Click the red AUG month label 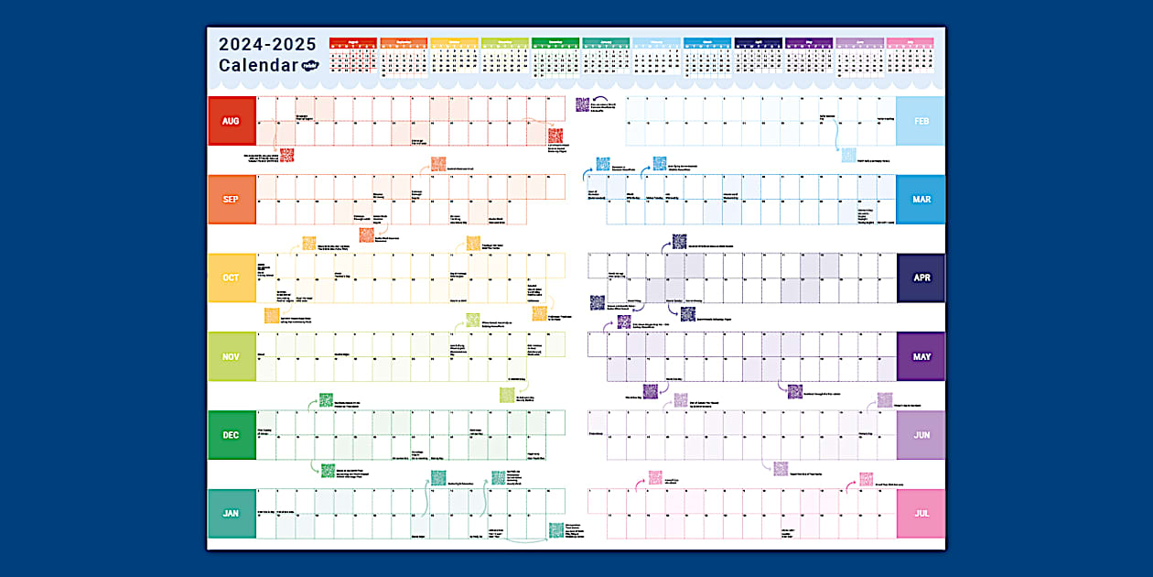pyautogui.click(x=232, y=121)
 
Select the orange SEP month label pyautogui.click(x=232, y=200)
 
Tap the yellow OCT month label pyautogui.click(x=232, y=278)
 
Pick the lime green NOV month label pyautogui.click(x=232, y=356)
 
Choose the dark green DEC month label pyautogui.click(x=232, y=435)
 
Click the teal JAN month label pyautogui.click(x=232, y=513)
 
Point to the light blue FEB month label pyautogui.click(x=921, y=121)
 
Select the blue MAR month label pyautogui.click(x=921, y=200)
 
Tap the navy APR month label pyautogui.click(x=921, y=278)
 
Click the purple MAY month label pyautogui.click(x=921, y=356)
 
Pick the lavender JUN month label pyautogui.click(x=921, y=435)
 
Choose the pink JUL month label pyautogui.click(x=921, y=513)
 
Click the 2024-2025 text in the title pyautogui.click(x=267, y=44)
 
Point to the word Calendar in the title pyautogui.click(x=258, y=66)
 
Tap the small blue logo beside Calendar pyautogui.click(x=312, y=66)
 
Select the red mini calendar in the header pyautogui.click(x=352, y=55)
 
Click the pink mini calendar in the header pyautogui.click(x=910, y=55)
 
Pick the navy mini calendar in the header pyautogui.click(x=758, y=55)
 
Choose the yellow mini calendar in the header pyautogui.click(x=454, y=55)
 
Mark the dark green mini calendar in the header pyautogui.click(x=555, y=55)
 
